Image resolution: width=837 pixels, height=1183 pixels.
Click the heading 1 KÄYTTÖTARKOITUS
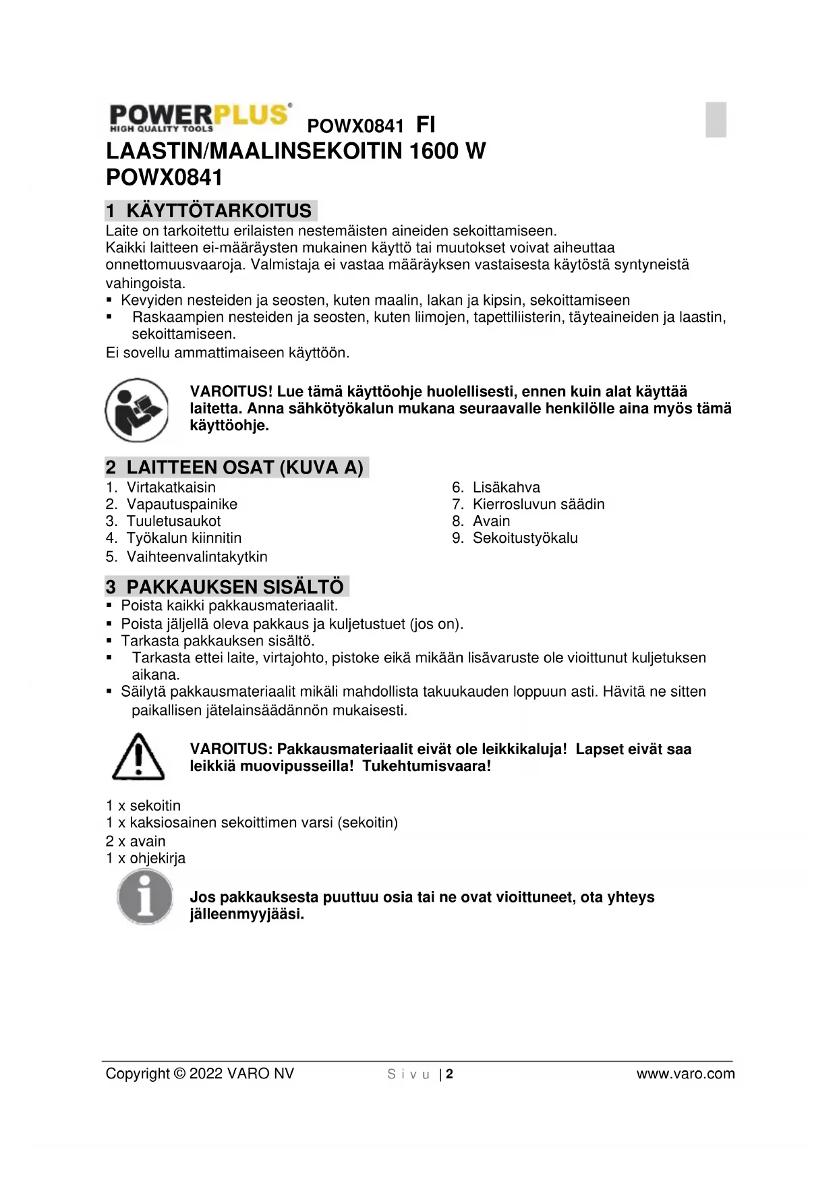coord(211,210)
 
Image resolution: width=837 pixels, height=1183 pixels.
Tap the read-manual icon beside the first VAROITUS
coord(137,409)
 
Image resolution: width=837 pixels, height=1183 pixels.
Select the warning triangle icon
coord(138,757)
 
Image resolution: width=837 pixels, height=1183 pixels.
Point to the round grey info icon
coord(144,897)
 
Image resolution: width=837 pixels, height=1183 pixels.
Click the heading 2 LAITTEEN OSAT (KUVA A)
coord(237,467)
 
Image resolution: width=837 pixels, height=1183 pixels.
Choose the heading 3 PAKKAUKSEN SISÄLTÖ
coord(227,586)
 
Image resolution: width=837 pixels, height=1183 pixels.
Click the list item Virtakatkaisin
coord(171,488)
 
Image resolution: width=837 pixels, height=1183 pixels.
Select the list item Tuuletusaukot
coord(173,521)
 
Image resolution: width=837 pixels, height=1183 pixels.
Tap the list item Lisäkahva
coord(506,488)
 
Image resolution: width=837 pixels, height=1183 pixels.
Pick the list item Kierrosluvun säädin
coord(538,504)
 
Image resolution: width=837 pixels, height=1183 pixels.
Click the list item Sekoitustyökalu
coord(525,538)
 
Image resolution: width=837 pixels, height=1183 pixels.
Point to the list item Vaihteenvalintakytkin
coord(197,557)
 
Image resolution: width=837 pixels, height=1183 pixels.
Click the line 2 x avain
coord(136,841)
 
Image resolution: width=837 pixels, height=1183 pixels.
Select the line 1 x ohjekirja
coord(146,858)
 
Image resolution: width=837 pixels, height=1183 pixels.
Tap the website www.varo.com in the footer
coord(685,1074)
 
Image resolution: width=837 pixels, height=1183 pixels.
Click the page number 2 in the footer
coord(450,1074)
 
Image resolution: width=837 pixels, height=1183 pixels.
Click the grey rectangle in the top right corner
coord(716,119)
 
